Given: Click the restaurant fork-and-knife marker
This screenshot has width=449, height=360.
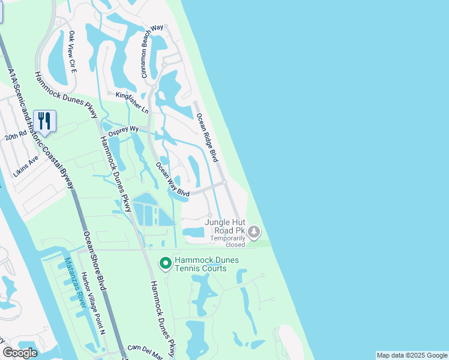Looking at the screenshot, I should (x=44, y=121).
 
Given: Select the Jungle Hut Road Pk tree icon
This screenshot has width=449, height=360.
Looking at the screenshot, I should (x=254, y=231).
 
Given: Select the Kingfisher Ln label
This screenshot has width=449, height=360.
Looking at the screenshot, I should (x=132, y=103).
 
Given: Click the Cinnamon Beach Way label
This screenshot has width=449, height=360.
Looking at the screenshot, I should (x=152, y=51).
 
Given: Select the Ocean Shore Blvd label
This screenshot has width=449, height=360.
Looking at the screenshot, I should (x=95, y=261).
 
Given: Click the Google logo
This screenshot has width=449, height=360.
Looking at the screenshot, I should (x=20, y=353).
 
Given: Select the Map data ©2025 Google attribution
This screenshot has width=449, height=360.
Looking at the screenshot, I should (x=412, y=355).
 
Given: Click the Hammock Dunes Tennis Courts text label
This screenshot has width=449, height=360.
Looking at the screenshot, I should (x=206, y=264).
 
